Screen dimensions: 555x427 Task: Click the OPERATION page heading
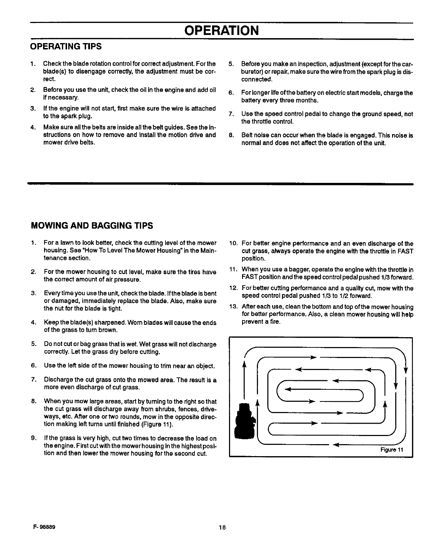click(x=221, y=30)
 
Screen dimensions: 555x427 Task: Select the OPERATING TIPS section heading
click(x=66, y=47)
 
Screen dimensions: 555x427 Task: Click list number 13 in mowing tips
click(x=233, y=307)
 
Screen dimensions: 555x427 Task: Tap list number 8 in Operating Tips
click(x=231, y=136)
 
